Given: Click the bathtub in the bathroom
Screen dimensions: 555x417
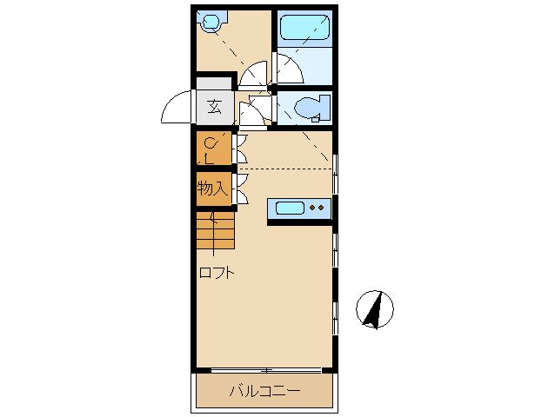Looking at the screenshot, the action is tap(304, 27).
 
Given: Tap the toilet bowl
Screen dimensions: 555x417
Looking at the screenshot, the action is tap(306, 106).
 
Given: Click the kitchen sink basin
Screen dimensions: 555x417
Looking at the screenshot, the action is tap(290, 208).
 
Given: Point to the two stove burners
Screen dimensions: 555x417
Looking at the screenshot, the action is tap(317, 208).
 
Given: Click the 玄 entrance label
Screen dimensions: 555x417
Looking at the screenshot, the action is tap(215, 107).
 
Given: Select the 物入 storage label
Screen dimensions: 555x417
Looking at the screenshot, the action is tap(212, 188).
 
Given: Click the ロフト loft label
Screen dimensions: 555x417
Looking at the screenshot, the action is tap(217, 273).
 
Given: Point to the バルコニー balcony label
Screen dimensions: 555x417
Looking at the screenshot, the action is tap(264, 391).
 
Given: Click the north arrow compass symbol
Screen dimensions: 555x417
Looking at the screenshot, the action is tap(374, 309).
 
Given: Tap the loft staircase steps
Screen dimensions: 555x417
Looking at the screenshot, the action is tap(215, 230).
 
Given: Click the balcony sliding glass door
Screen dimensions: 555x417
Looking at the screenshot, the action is tap(266, 370).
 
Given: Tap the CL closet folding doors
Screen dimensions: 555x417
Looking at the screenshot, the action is tap(241, 149).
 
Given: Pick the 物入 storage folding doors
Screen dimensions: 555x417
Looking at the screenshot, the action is tap(241, 189).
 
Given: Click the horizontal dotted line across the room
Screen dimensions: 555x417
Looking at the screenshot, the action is tap(286, 169).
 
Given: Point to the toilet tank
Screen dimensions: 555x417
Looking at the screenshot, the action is tap(324, 106).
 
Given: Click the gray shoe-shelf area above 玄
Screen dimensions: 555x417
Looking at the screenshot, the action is tap(213, 83).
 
